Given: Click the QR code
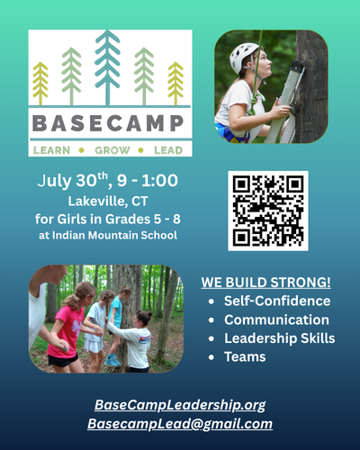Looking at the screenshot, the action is click(x=268, y=211).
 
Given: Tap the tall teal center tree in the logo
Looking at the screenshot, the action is click(x=107, y=67).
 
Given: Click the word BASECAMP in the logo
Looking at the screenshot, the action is click(x=108, y=123).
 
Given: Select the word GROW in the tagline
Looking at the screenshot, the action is click(x=112, y=150).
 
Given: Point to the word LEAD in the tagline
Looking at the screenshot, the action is click(x=168, y=150).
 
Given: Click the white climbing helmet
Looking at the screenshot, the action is click(x=244, y=57).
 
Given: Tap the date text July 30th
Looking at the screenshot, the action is click(x=72, y=181).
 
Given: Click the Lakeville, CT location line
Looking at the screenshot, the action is click(x=108, y=202).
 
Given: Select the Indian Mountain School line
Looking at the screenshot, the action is click(x=108, y=235).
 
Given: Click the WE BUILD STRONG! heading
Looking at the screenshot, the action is click(x=265, y=283).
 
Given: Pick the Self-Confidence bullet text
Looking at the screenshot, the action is click(x=277, y=301).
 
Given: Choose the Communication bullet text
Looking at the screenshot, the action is click(x=276, y=319).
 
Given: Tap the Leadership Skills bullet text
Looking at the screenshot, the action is click(x=280, y=338).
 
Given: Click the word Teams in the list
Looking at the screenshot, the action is click(x=245, y=357).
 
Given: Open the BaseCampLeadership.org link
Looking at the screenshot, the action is click(x=180, y=405).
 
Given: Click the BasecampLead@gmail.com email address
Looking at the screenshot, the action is click(x=180, y=424).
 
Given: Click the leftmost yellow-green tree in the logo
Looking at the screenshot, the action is click(x=40, y=84).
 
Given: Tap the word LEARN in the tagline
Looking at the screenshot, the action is click(x=51, y=150).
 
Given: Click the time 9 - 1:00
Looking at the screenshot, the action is click(x=148, y=181).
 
